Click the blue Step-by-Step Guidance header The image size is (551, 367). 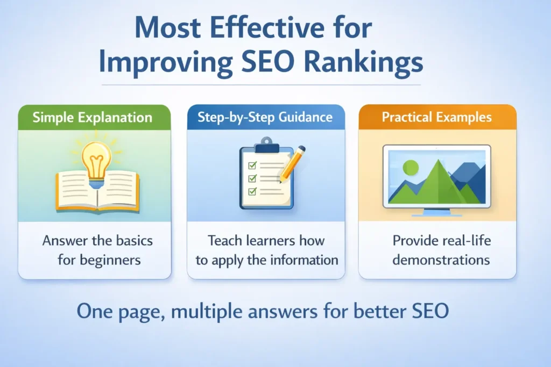266,118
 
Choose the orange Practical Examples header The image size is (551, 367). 437,118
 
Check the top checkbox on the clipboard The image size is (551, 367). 250,167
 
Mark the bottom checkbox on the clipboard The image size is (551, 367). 250,191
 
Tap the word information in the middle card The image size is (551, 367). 306,261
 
